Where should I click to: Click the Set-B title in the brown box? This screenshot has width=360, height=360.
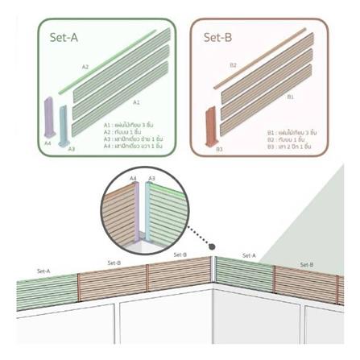click(217, 37)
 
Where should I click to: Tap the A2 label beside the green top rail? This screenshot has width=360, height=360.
click(85, 67)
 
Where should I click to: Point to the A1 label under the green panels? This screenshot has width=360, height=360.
click(136, 102)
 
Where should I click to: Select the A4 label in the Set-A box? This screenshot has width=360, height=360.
click(48, 143)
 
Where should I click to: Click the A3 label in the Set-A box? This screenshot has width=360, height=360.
click(71, 149)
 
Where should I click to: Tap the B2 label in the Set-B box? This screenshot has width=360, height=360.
click(233, 64)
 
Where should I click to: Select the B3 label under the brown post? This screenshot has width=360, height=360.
click(219, 148)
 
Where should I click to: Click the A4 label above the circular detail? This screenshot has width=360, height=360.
click(133, 177)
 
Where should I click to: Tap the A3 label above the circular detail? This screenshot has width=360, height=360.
click(151, 177)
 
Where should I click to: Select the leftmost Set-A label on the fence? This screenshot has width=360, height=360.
click(43, 271)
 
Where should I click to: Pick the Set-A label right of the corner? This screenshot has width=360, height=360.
click(249, 255)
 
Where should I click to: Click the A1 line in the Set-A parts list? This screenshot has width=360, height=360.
click(133, 126)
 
